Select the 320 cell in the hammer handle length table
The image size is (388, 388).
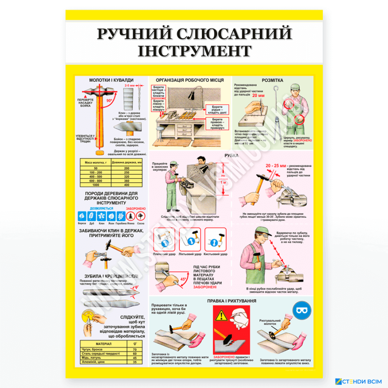(126, 177)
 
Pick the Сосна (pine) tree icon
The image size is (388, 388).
(140, 216)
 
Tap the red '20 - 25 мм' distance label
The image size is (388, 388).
(276, 166)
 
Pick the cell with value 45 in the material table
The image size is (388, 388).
(135, 358)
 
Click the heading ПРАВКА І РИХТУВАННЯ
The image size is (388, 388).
(232, 300)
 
